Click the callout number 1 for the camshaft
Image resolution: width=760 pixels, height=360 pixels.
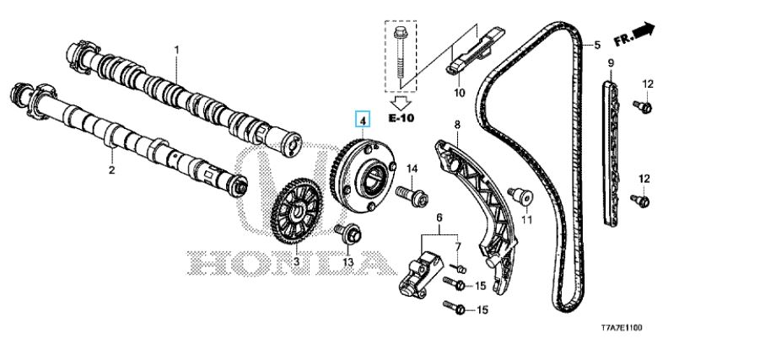[x=177, y=50]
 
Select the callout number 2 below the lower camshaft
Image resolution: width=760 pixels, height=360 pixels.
[x=112, y=170]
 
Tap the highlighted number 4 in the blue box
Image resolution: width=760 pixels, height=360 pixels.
[x=362, y=119]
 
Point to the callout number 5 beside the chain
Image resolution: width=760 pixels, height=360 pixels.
[x=597, y=45]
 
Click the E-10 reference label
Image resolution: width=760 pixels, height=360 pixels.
[x=401, y=118]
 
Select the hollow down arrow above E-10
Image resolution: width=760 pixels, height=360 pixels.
[x=401, y=102]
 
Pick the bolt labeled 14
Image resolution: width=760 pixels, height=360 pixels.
[x=412, y=196]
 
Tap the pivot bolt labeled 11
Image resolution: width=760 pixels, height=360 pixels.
[x=520, y=196]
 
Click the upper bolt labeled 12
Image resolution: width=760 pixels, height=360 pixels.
[x=644, y=106]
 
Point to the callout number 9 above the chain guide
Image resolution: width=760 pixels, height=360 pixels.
[x=610, y=63]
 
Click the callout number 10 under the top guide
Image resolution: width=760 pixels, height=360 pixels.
[x=459, y=92]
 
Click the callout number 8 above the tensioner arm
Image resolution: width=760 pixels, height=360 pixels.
[x=456, y=126]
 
